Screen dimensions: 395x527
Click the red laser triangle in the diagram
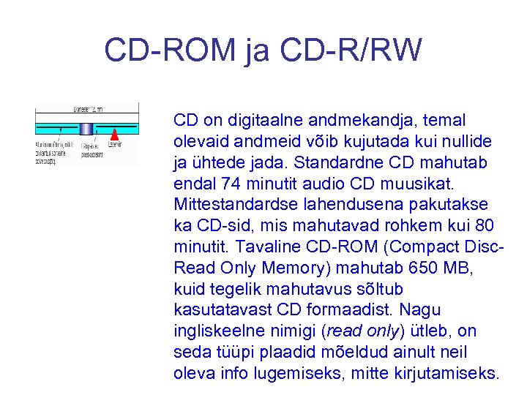[114, 134]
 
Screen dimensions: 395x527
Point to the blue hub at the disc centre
[86, 129]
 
